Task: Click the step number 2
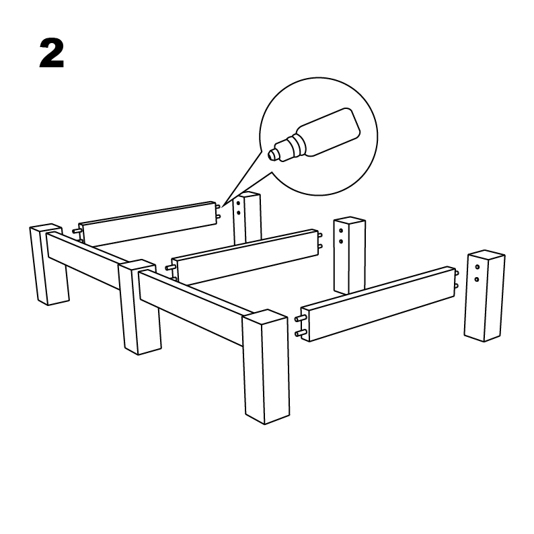(52, 53)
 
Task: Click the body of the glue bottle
(329, 132)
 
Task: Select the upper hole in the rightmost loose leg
(478, 267)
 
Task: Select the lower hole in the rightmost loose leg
(477, 280)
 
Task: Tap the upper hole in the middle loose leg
(341, 231)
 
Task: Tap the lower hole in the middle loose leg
(341, 241)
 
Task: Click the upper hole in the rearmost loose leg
(238, 204)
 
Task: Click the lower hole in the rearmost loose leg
(238, 213)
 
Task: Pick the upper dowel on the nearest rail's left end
(300, 318)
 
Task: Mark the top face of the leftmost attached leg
(46, 229)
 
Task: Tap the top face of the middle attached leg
(137, 266)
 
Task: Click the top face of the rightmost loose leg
(486, 255)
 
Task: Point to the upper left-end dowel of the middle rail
(169, 268)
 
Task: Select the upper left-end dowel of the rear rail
(76, 231)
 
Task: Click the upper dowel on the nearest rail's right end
(457, 273)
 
